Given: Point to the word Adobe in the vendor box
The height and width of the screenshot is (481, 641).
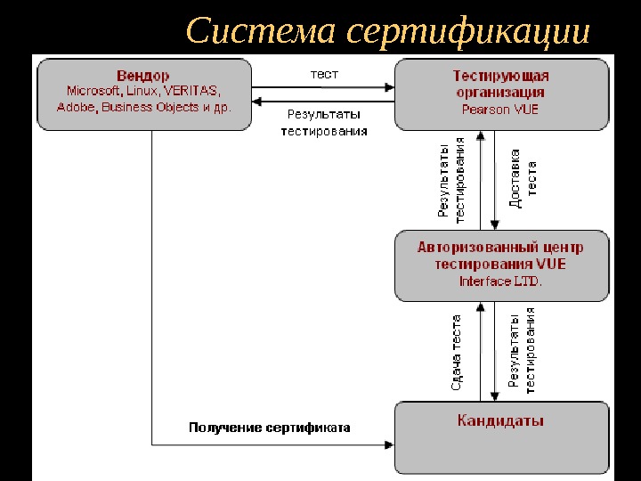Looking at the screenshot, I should click(76, 107).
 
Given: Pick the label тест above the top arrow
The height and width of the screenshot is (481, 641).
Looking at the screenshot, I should click(323, 74).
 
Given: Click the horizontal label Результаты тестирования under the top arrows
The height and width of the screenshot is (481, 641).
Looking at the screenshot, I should click(323, 123).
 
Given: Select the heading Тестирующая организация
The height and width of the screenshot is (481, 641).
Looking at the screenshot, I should click(500, 84).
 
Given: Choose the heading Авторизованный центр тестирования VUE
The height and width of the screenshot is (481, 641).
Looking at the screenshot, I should click(500, 256).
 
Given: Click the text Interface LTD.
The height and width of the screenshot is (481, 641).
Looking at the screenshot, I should click(500, 281).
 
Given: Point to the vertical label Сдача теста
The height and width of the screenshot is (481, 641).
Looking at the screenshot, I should click(456, 352).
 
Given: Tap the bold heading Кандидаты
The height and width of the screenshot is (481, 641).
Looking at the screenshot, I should click(500, 420).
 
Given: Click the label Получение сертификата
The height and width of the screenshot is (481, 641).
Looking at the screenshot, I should click(269, 428).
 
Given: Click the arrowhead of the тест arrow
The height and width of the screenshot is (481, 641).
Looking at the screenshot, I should click(390, 86).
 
